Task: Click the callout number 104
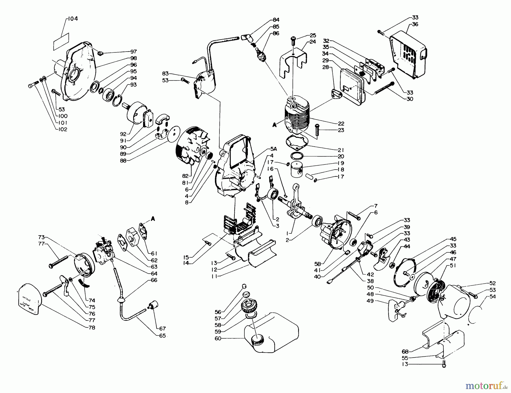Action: tap(73, 19)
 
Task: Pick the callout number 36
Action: tap(415, 24)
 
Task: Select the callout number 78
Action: tap(91, 327)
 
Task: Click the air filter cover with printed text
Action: tap(30, 299)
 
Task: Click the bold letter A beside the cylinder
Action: tap(274, 125)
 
